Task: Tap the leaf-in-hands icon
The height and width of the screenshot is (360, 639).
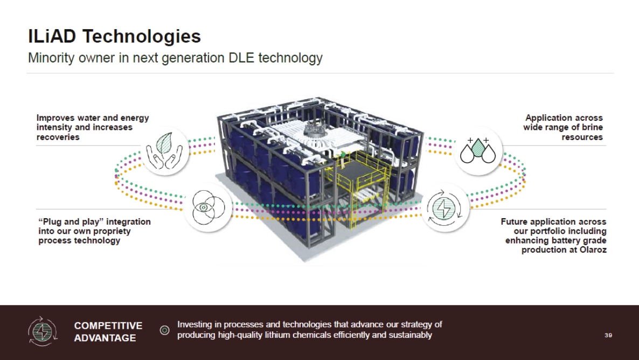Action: [165, 151]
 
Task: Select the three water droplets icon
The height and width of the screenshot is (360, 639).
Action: [478, 151]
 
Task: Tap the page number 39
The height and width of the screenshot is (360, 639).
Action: [608, 335]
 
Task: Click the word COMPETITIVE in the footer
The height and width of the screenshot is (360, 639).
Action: [108, 326]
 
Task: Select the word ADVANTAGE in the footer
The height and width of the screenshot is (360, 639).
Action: [105, 338]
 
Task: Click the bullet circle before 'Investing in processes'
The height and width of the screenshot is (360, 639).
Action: [165, 330]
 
